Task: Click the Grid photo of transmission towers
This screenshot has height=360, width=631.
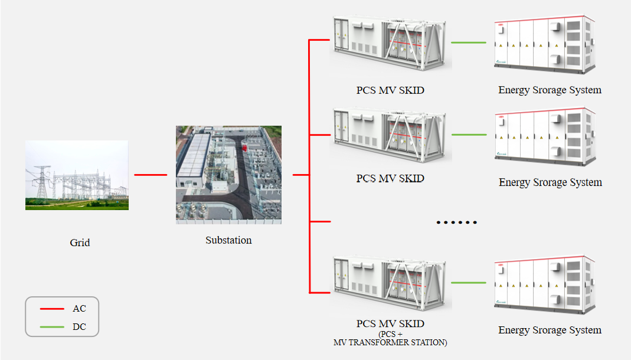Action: [x=77, y=175]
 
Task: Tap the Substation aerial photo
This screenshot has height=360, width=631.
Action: [x=228, y=175]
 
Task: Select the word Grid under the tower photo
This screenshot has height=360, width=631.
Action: [x=80, y=243]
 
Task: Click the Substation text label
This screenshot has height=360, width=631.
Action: [x=228, y=240]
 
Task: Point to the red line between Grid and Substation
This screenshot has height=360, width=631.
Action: [x=151, y=175]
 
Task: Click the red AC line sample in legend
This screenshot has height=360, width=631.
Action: [x=52, y=309]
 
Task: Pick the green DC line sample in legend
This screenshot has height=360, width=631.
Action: [x=52, y=327]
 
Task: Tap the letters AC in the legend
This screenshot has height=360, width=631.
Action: [x=79, y=309]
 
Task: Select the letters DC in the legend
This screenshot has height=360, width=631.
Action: [x=79, y=327]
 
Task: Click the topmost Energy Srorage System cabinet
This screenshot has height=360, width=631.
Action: [x=544, y=45]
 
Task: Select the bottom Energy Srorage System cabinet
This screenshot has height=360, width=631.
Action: [x=544, y=284]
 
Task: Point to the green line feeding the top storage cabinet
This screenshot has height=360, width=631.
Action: [x=469, y=42]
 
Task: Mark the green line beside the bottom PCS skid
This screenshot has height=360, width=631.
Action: [x=469, y=283]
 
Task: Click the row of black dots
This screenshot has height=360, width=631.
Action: [x=456, y=222]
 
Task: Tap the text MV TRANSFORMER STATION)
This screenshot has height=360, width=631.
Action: [x=390, y=342]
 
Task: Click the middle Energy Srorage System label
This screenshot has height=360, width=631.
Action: [x=550, y=182]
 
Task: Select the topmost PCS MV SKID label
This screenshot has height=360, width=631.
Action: [x=390, y=90]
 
